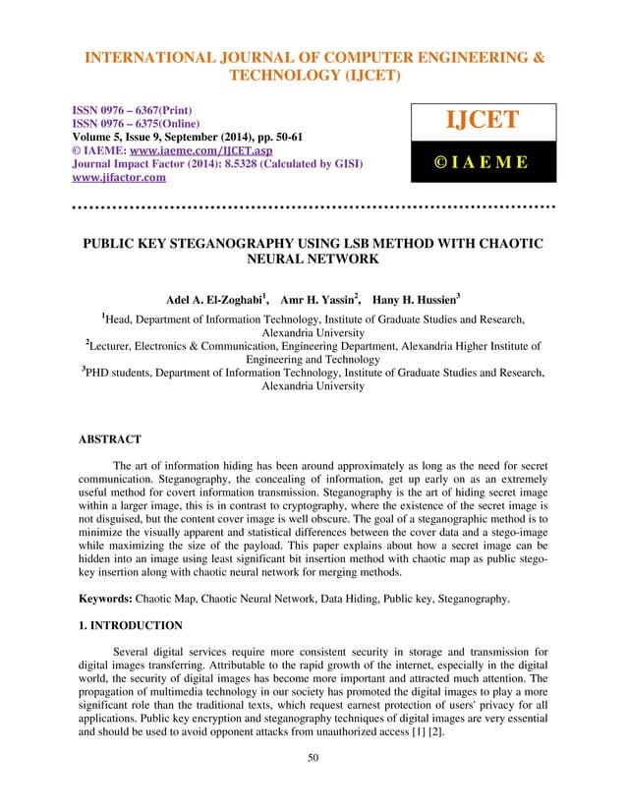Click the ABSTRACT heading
pos(110,439)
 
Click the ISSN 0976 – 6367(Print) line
pos(142,110)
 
